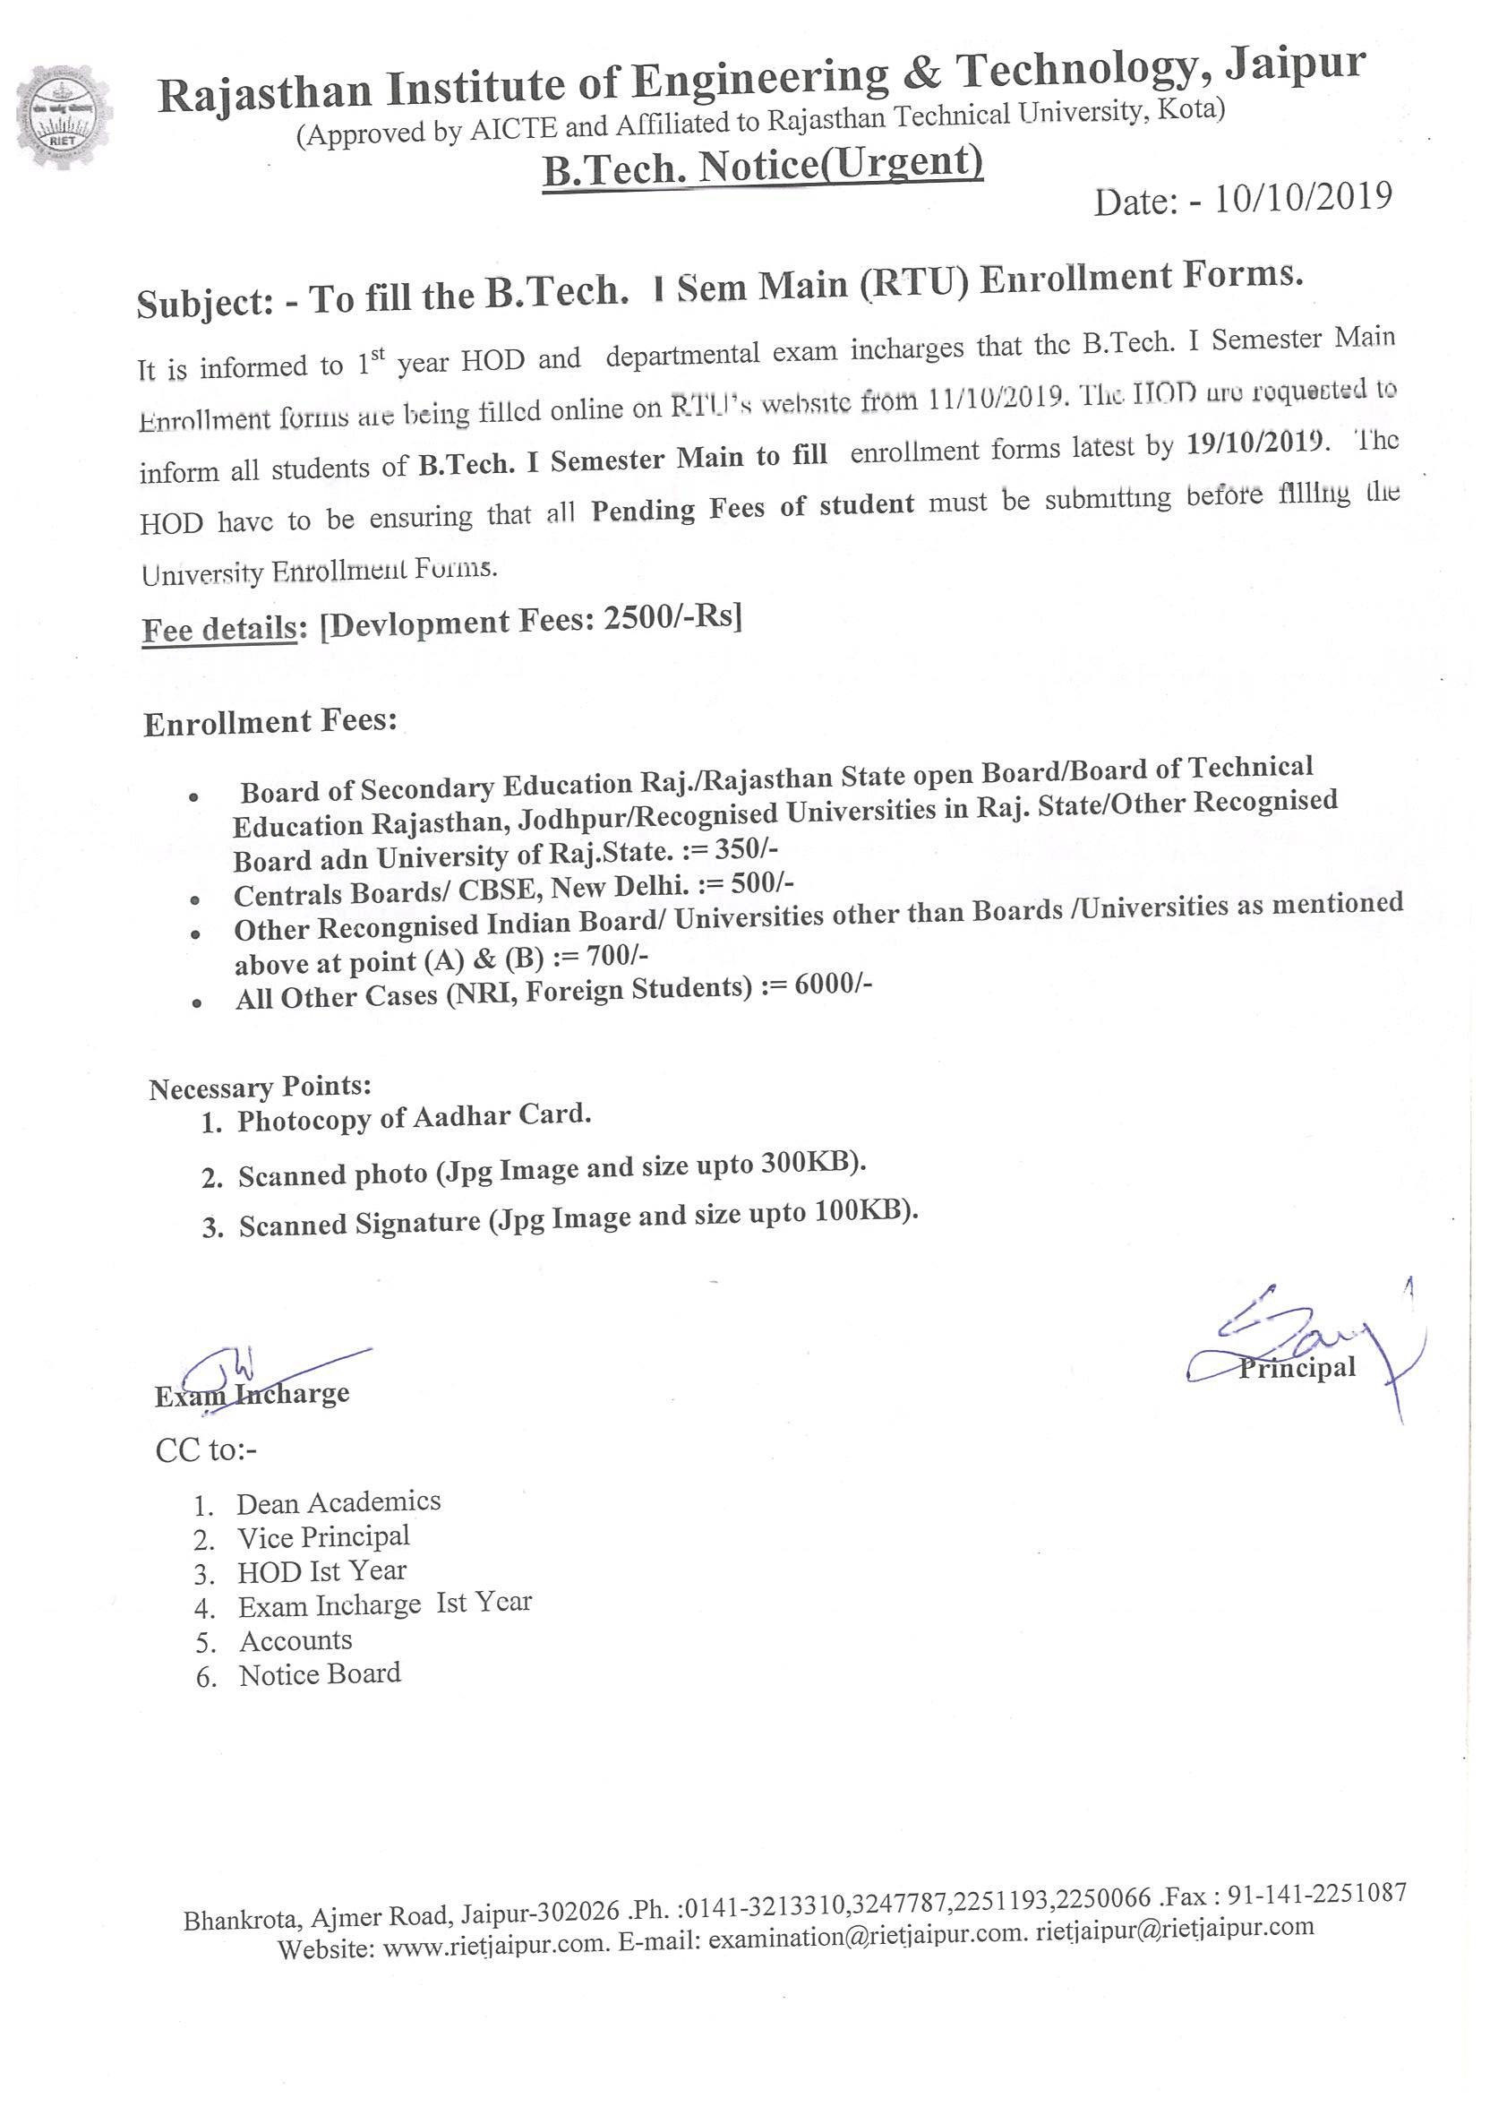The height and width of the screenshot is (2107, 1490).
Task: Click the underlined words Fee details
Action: (x=219, y=630)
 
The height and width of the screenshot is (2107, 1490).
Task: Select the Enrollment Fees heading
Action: (x=270, y=723)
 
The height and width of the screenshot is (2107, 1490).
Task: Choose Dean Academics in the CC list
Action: (x=338, y=1502)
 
